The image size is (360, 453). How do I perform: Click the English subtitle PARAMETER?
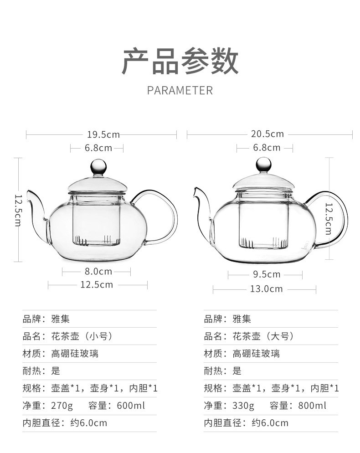[x=180, y=90]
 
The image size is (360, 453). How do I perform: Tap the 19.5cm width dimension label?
[x=103, y=134]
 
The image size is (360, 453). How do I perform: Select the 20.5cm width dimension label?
[x=267, y=134]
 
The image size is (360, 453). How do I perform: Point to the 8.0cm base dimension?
[x=98, y=272]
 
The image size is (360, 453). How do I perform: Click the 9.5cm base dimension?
[x=267, y=274]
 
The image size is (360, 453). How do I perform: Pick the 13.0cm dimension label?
[x=266, y=289]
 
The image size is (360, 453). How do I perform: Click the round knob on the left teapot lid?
[x=99, y=166]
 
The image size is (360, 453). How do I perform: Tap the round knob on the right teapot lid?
[x=263, y=165]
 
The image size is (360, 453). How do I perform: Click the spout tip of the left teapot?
[x=28, y=191]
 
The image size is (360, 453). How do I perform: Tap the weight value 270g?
[x=62, y=406]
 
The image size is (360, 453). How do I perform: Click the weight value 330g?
[x=243, y=406]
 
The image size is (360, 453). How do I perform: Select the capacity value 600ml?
[x=131, y=406]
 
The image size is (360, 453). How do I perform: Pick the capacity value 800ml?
[x=312, y=406]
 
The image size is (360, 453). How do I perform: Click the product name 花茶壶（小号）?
[x=82, y=336]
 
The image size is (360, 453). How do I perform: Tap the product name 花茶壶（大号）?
[x=263, y=336]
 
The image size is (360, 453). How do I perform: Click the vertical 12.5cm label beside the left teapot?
[x=18, y=211]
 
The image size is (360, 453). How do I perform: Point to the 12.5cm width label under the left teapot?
[x=97, y=285]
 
